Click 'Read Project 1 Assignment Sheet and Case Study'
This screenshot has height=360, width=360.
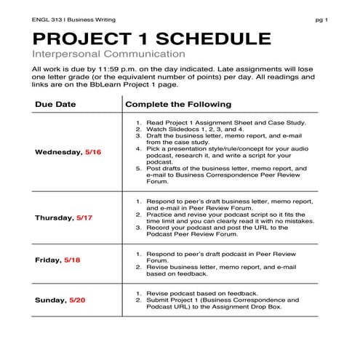[226, 123]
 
